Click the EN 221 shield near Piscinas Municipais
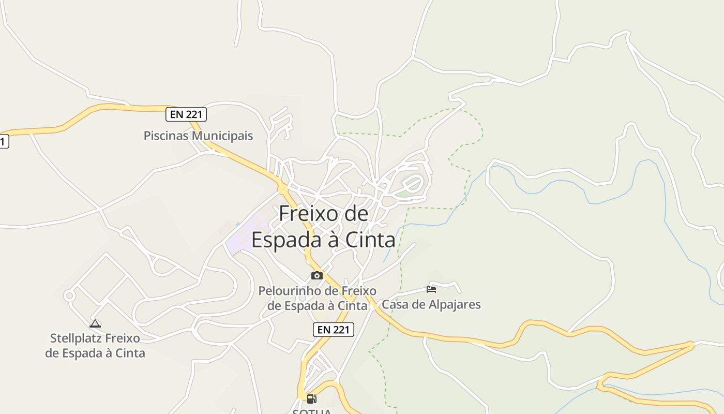186,114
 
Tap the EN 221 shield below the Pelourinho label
333,329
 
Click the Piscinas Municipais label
198,136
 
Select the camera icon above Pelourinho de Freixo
317,275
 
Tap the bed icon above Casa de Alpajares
431,289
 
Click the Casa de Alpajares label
431,304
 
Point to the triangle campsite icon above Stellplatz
95,324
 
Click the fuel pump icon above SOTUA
311,398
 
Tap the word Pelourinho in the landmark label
292,291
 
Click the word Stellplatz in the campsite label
76,338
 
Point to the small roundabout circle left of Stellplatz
69,295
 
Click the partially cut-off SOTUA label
312,411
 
